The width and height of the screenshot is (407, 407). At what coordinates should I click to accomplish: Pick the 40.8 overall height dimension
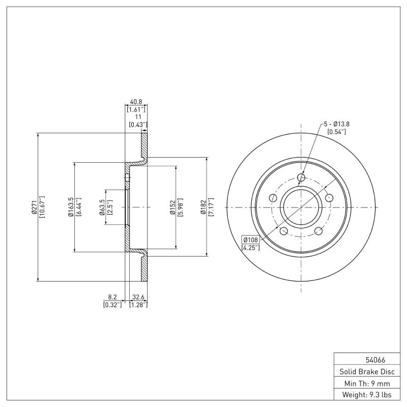click(x=136, y=101)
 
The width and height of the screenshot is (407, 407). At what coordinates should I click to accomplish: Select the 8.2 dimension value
click(x=112, y=297)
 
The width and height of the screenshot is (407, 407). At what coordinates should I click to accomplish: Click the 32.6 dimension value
click(x=138, y=297)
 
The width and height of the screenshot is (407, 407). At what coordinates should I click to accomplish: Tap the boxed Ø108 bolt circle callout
click(x=251, y=239)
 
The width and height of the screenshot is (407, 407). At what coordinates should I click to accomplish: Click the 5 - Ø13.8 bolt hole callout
click(x=337, y=124)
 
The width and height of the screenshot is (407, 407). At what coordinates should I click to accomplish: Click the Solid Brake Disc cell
click(x=367, y=371)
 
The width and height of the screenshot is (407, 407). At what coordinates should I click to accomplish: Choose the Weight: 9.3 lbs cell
click(x=367, y=394)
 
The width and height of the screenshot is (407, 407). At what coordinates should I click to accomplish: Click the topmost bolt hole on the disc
click(x=301, y=177)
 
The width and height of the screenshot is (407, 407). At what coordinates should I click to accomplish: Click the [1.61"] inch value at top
click(x=136, y=109)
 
